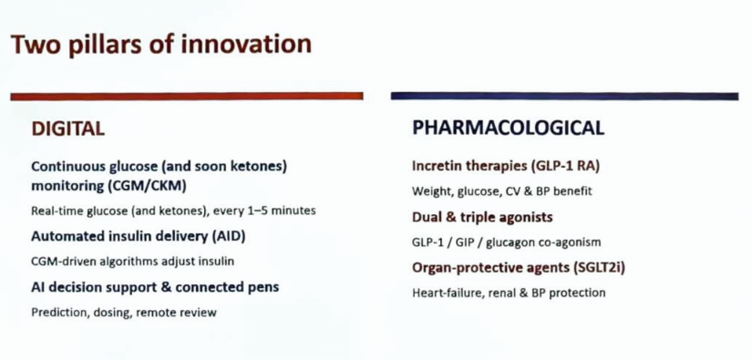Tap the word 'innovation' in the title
point(246,43)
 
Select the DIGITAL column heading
point(67,129)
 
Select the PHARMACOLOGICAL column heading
point(509,128)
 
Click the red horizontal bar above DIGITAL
point(187,97)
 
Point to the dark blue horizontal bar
point(564,96)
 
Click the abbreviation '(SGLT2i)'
point(599,268)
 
